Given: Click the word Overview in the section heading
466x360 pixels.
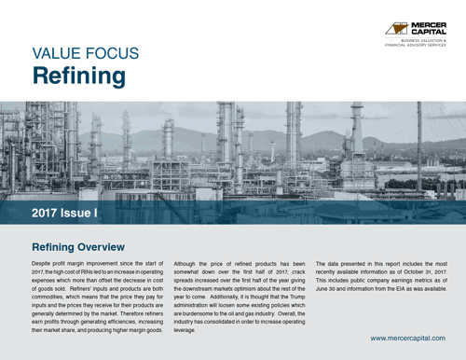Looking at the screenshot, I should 100,247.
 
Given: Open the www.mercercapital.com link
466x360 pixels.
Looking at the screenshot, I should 408,338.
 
